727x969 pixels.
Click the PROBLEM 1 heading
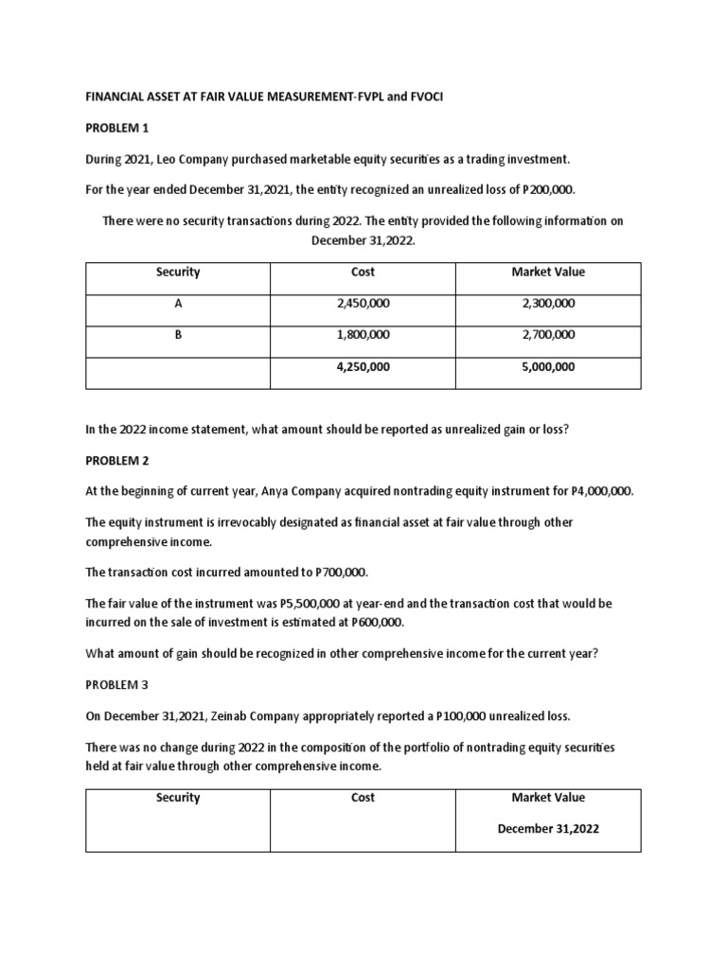click(117, 127)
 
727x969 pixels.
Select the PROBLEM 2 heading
click(117, 460)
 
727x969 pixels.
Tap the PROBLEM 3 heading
click(117, 683)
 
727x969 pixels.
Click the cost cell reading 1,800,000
click(363, 335)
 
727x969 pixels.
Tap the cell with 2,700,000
click(548, 335)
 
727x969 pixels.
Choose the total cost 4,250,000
click(363, 367)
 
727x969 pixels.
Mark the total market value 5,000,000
click(548, 367)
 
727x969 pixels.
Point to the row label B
click(178, 335)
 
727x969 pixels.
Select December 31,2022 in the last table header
click(548, 828)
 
